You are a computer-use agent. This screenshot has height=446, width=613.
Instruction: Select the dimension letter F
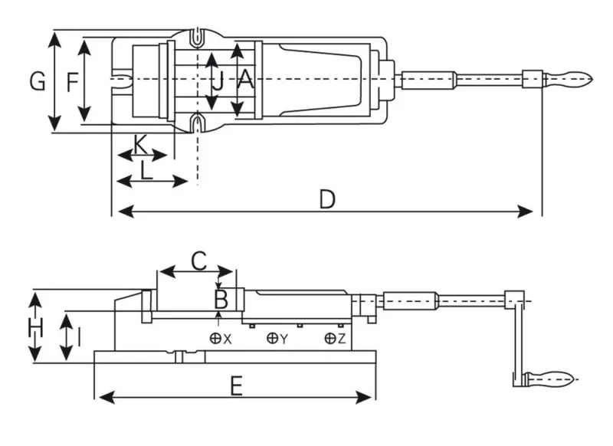[71, 80]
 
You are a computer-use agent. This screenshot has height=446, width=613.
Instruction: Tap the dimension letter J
[218, 80]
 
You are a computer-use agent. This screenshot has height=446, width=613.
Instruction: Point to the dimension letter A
[244, 79]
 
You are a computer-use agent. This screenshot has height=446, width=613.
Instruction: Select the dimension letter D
[327, 199]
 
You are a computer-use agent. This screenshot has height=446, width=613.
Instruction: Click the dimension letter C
[197, 261]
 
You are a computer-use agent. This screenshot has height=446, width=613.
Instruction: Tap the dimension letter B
[221, 297]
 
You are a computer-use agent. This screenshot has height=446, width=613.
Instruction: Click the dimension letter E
[236, 385]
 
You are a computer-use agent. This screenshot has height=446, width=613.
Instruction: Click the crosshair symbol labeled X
[216, 338]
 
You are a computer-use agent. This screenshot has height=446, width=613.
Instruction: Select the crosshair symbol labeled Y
[272, 338]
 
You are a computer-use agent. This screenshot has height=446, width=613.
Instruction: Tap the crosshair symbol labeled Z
[329, 338]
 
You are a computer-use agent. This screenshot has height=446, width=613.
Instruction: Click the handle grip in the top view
[569, 78]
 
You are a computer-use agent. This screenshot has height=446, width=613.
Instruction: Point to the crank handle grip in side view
[549, 378]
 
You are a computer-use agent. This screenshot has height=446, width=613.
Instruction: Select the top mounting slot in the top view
[198, 36]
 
